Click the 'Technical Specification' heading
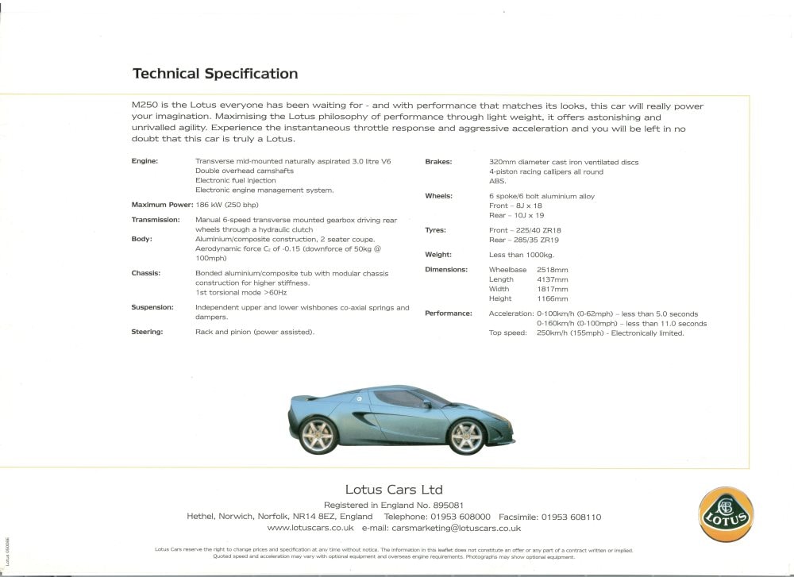tap(215, 74)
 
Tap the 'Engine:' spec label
tap(145, 162)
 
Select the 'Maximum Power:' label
tap(161, 205)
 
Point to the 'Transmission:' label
tap(155, 220)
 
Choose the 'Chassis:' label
tap(145, 273)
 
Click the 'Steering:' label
tap(147, 332)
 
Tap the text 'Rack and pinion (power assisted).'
tap(255, 332)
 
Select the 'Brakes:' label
tap(438, 162)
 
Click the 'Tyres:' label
tap(435, 230)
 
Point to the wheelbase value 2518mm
tap(553, 270)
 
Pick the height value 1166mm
tap(553, 299)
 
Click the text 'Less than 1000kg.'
tap(522, 255)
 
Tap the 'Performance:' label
tap(448, 314)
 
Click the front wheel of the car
tap(467, 437)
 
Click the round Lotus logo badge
tap(726, 514)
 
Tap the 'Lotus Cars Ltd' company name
tap(394, 490)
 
